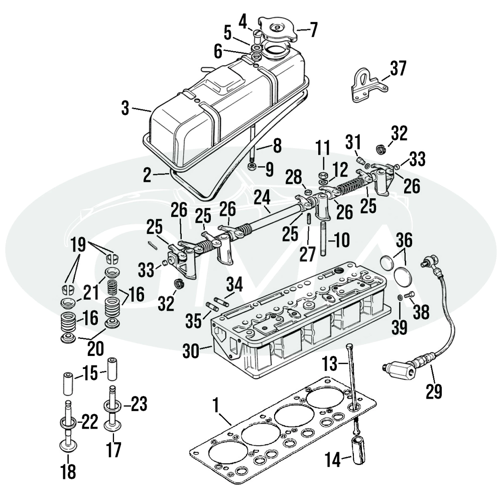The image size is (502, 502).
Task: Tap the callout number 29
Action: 434,391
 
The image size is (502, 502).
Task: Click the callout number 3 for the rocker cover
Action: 125,107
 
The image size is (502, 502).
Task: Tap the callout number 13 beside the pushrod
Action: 331,362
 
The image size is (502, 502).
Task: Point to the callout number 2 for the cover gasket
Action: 147,175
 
